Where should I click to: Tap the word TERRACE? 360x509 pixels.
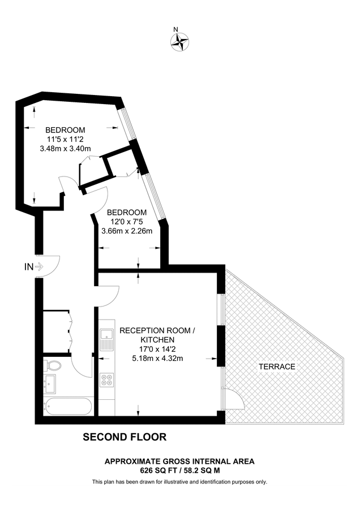(x=277, y=366)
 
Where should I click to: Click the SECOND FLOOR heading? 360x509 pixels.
(x=125, y=437)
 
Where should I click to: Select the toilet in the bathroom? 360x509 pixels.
(x=51, y=365)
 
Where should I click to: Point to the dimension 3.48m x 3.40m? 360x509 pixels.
(x=66, y=149)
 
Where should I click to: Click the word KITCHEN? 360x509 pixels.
(x=157, y=339)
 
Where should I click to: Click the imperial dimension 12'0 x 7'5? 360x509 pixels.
(x=127, y=221)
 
